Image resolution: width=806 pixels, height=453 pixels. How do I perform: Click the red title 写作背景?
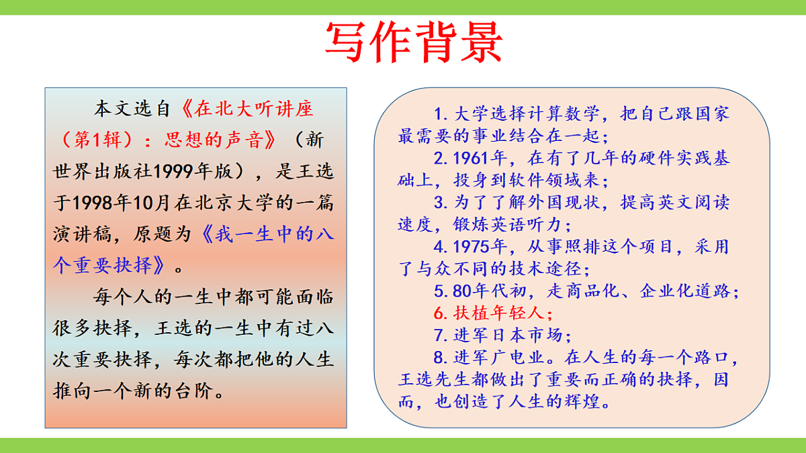click(x=413, y=42)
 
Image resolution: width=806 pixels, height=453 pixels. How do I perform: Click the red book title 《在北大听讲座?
click(x=248, y=109)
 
